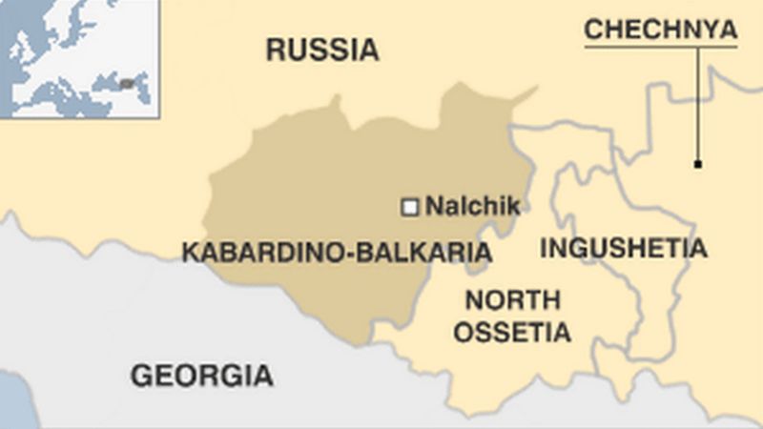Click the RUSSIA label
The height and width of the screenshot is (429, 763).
coord(321,50)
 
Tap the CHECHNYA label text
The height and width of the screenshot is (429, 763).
coord(660,30)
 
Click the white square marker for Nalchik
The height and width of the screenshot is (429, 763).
coord(410,206)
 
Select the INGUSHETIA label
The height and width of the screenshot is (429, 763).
coord(624,249)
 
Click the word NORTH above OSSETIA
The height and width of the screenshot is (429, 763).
coord(512,301)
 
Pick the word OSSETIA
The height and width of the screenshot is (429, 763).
coord(512,333)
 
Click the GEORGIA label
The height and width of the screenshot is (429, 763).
coord(201,376)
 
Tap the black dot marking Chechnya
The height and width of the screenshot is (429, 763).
coord(698,165)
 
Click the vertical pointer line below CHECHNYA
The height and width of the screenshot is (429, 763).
coord(698,105)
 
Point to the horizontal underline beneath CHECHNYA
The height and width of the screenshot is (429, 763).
coord(660,48)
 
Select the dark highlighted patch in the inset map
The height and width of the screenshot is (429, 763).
coord(127,83)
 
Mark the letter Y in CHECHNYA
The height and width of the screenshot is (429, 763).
coord(707,30)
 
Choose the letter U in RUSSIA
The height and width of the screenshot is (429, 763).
coord(300,50)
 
